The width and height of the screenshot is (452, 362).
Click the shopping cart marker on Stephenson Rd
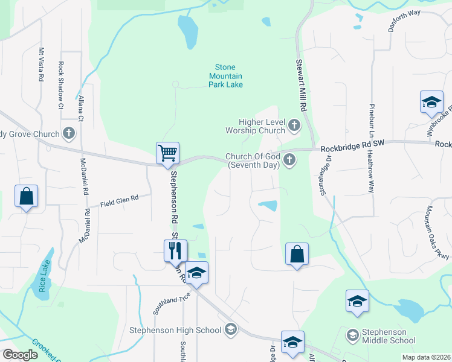tap(167, 152)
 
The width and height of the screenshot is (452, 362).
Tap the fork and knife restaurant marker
tap(176, 250)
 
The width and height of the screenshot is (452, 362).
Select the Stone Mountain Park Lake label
tap(225, 76)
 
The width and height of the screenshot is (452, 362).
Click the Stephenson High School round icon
tap(230, 329)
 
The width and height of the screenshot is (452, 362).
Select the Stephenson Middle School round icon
tap(352, 334)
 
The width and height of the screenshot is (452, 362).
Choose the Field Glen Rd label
tap(120, 198)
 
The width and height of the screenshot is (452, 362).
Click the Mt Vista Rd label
tap(41, 65)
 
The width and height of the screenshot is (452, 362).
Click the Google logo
tap(21, 354)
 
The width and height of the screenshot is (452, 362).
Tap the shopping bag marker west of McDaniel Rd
tap(27, 197)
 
